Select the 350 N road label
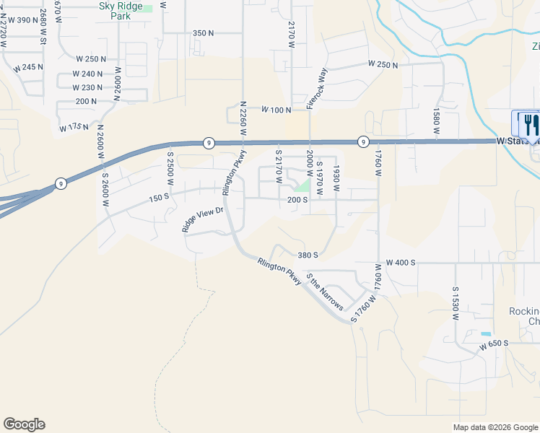tap(204, 33)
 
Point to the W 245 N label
tap(28, 67)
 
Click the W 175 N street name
tap(74, 128)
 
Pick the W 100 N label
tap(276, 110)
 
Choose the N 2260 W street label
tap(244, 119)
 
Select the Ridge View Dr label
tap(204, 219)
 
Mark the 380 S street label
tap(308, 255)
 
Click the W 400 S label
tap(401, 263)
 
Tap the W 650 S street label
tap(494, 347)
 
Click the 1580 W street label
tap(436, 122)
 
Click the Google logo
tap(24, 424)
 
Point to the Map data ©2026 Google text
tap(495, 427)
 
